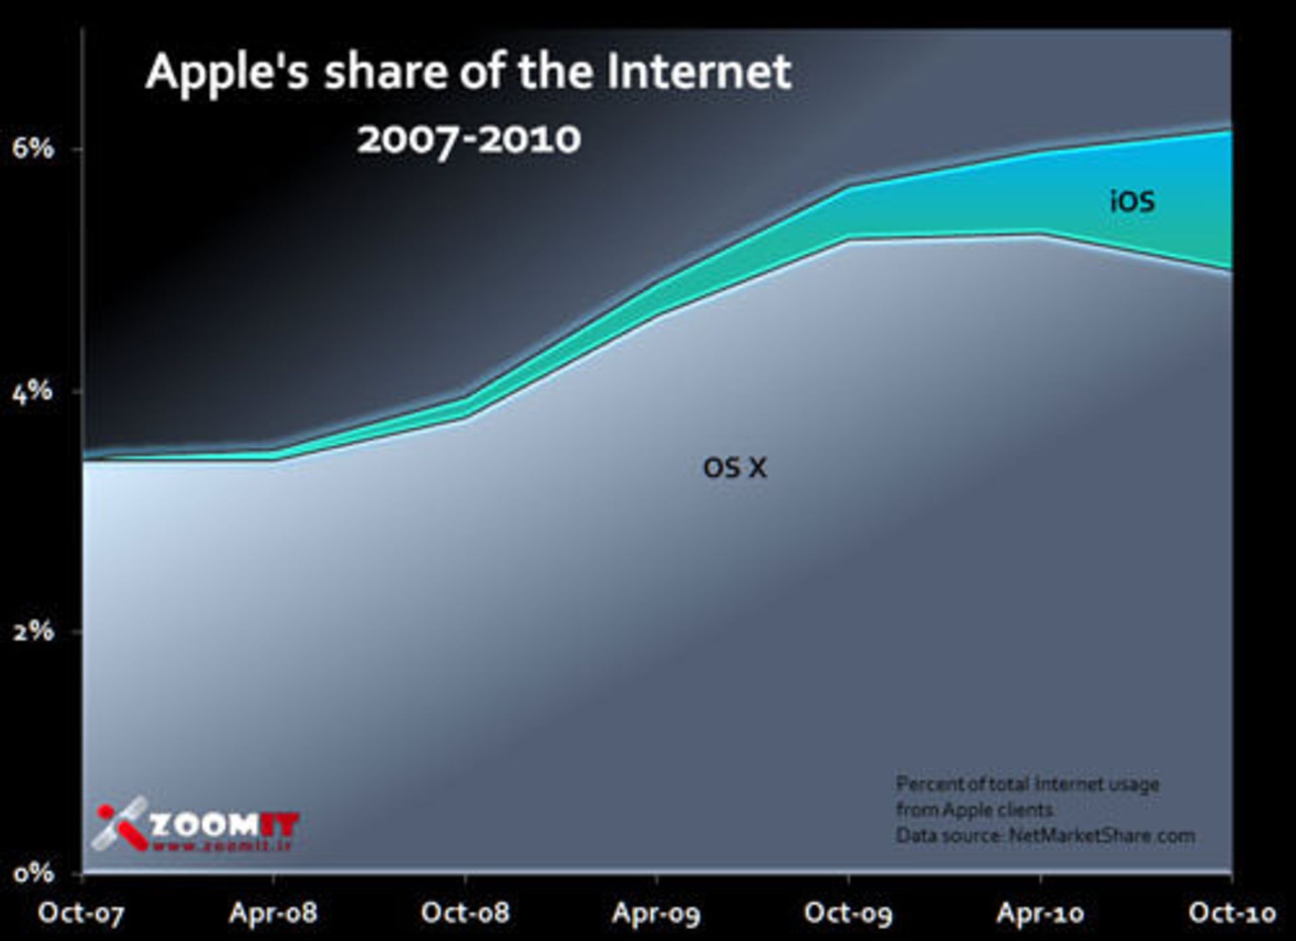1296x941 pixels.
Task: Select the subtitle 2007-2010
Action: [x=469, y=140]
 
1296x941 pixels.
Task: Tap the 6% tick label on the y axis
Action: [x=32, y=148]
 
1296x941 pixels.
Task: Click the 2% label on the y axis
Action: [x=32, y=632]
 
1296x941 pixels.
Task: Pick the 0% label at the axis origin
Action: [x=32, y=873]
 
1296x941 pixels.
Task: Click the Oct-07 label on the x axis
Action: [x=82, y=913]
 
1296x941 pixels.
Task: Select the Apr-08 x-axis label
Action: [x=273, y=913]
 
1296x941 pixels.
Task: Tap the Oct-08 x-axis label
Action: [x=464, y=913]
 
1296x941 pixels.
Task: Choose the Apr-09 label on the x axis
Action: [x=656, y=913]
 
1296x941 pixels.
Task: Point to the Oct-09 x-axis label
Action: [x=848, y=913]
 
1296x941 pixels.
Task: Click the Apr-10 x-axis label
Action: [x=1040, y=913]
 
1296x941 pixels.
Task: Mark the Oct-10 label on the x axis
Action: [x=1232, y=913]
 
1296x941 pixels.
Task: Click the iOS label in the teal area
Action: [x=1133, y=201]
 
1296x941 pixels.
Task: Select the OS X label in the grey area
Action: [x=735, y=467]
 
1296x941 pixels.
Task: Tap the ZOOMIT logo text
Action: [x=223, y=826]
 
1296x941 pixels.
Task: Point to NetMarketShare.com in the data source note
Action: [x=1102, y=836]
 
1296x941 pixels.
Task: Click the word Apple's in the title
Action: [x=227, y=72]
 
